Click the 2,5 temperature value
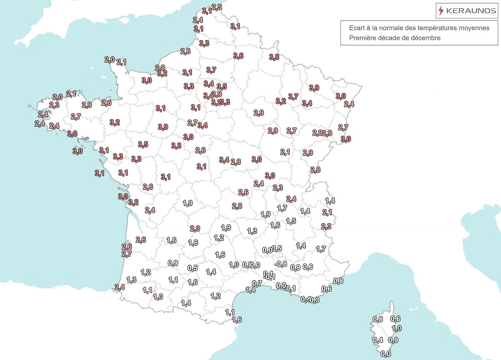217,7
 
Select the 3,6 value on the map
238,56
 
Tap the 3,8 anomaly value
274,57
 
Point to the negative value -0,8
281,264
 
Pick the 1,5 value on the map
291,221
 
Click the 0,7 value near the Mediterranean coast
257,283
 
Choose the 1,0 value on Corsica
396,328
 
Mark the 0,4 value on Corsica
378,340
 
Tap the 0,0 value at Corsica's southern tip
386,354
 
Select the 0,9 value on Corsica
393,340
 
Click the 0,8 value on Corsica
378,319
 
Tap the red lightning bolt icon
441,11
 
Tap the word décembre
426,38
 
